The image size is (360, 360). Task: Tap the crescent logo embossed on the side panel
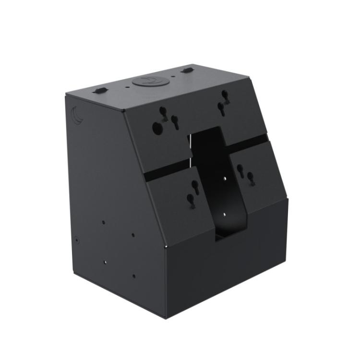tap(77, 115)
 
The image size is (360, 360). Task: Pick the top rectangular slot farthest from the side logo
tap(187, 71)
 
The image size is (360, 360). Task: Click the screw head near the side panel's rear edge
tap(77, 238)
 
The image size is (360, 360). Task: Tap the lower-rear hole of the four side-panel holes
tap(105, 262)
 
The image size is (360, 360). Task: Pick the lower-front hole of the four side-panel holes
tap(134, 276)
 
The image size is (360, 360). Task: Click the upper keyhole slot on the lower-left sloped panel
tap(195, 185)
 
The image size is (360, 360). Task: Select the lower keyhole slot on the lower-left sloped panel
tap(191, 200)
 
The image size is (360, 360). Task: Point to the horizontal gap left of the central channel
tap(168, 170)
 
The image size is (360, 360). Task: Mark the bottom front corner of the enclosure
tap(166, 317)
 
